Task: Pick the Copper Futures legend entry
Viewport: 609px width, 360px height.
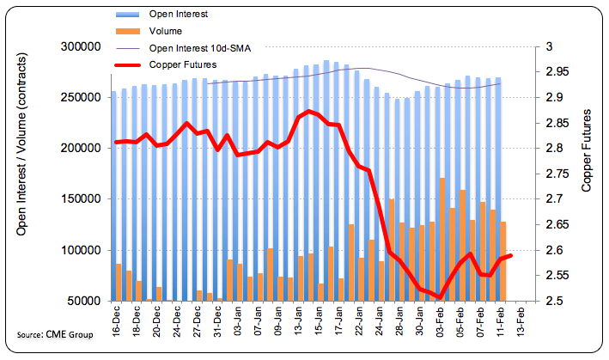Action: (181, 64)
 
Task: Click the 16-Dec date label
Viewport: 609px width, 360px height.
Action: (116, 323)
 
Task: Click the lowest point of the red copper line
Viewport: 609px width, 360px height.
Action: (441, 297)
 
